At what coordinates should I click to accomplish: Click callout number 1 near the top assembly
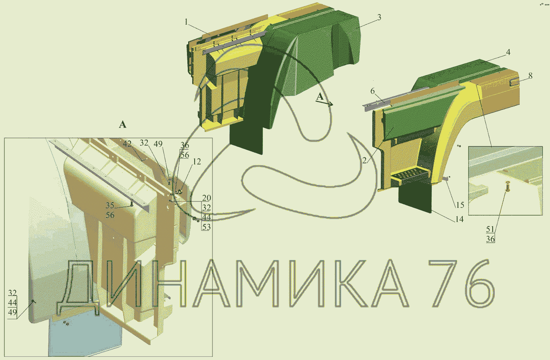[x=186, y=22]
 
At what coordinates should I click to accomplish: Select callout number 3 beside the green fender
[x=379, y=17]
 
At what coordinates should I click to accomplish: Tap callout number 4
[x=508, y=52]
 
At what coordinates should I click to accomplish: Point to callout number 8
[x=530, y=76]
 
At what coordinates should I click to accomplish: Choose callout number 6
[x=372, y=91]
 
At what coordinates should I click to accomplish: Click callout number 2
[x=365, y=161]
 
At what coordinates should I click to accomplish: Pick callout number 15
[x=460, y=205]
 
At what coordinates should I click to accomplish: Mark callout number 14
[x=460, y=219]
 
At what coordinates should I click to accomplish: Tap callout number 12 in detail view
[x=197, y=161]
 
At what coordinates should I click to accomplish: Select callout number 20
[x=206, y=198]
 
